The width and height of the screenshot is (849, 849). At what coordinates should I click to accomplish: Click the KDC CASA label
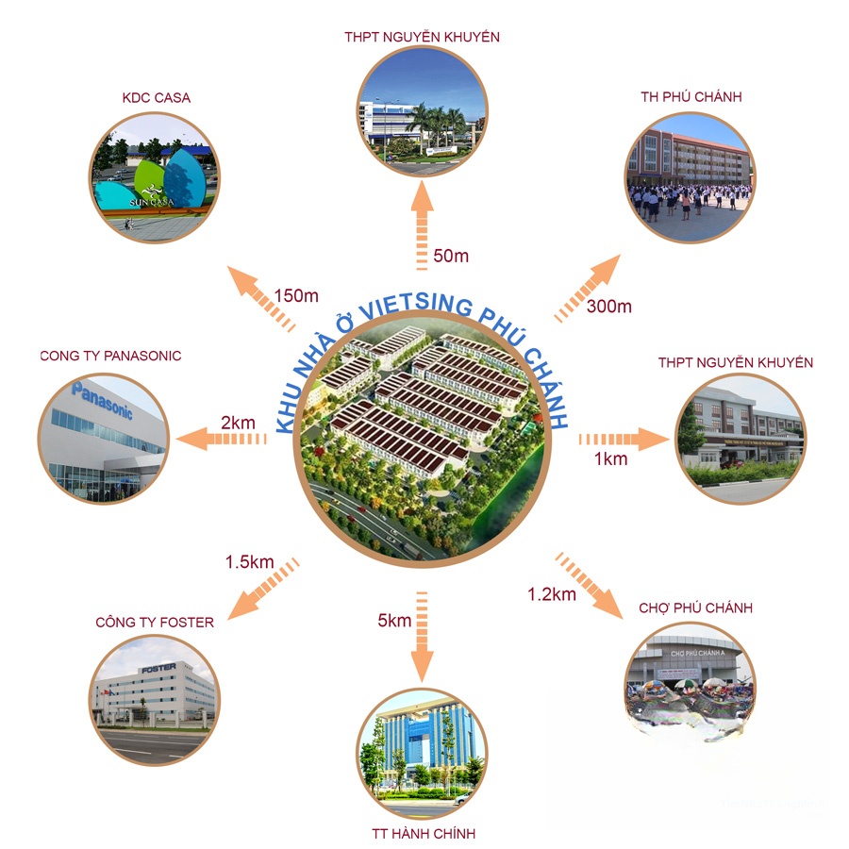point(156,98)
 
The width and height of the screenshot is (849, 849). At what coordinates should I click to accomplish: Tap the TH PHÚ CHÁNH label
point(691,97)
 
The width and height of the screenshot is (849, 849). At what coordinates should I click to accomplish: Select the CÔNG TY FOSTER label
point(155,623)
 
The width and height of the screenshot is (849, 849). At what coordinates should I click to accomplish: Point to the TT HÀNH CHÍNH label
point(424,834)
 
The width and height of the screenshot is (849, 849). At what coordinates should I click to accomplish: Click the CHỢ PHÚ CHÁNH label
point(696,608)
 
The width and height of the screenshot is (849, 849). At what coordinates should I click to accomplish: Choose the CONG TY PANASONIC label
point(110,356)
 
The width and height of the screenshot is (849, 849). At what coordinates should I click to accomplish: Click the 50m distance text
point(451,256)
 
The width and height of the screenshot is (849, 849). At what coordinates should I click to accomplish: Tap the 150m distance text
point(296,295)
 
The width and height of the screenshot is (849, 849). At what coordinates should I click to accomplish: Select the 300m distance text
point(609,307)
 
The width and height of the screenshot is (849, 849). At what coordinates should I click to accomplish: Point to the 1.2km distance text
point(552,594)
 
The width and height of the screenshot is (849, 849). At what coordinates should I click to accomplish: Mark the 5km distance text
point(394,621)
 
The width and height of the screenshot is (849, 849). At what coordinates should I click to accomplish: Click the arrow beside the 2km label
point(221,439)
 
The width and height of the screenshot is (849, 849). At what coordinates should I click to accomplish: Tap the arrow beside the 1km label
point(624,439)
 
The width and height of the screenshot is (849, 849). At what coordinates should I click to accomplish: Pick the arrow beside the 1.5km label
point(263,589)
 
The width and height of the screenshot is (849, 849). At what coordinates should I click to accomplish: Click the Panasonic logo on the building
point(102,400)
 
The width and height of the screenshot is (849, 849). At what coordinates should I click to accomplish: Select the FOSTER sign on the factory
point(158,669)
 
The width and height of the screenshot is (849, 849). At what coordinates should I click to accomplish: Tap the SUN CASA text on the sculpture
point(152,203)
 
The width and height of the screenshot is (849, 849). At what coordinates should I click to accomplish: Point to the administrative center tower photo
point(423,754)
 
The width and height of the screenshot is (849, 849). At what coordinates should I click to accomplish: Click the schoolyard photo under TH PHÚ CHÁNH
point(691,177)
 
